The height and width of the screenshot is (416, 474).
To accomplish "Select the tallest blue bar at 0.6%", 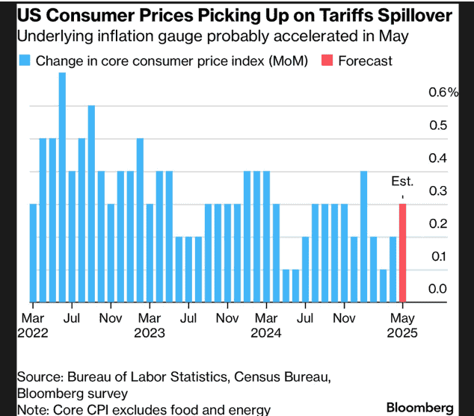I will (62, 187).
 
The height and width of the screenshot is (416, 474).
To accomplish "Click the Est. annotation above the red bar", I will (402, 181).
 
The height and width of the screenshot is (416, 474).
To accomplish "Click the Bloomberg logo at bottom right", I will (420, 407).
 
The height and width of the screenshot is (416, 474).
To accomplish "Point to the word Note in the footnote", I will (32, 409).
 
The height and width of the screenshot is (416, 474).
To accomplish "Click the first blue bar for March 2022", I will (33, 252).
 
